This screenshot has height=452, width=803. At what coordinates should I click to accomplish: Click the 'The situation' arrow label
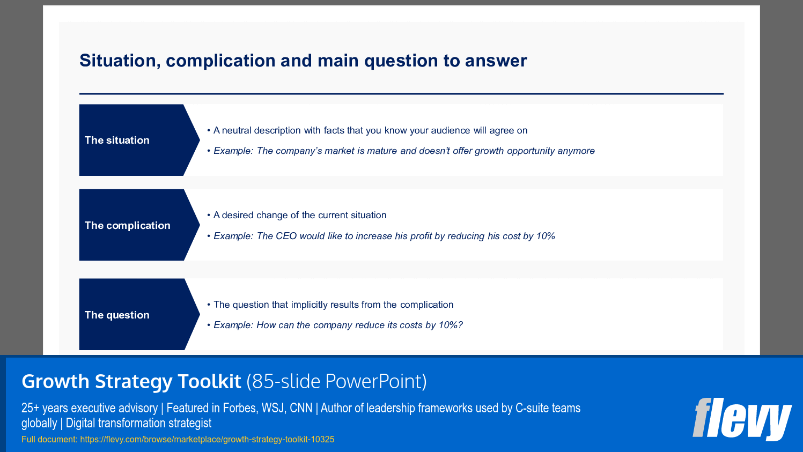[x=117, y=140]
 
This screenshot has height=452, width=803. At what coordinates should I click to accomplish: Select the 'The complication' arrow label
[x=127, y=226]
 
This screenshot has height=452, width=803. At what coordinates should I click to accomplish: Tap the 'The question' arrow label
[x=117, y=315]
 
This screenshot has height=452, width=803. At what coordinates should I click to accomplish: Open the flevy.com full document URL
[x=207, y=440]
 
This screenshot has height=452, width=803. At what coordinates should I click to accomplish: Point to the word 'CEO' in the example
[x=286, y=236]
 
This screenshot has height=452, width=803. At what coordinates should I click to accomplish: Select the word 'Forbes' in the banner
[x=240, y=408]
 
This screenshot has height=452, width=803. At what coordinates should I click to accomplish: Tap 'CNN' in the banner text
[x=301, y=408]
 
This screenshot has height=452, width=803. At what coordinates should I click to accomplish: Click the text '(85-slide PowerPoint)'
[x=336, y=381]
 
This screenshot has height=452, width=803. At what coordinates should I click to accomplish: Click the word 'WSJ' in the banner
[x=273, y=408]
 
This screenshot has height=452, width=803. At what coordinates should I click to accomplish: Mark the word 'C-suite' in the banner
[x=532, y=408]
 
